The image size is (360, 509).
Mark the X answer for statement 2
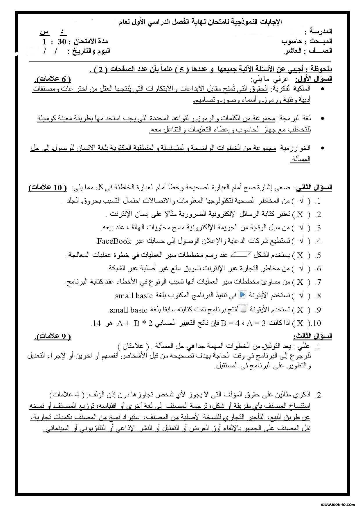(300, 214)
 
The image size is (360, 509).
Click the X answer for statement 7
(300, 282)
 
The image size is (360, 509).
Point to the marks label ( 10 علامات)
(48, 188)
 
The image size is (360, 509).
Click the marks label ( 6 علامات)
(53, 79)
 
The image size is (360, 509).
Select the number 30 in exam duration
(62, 42)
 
